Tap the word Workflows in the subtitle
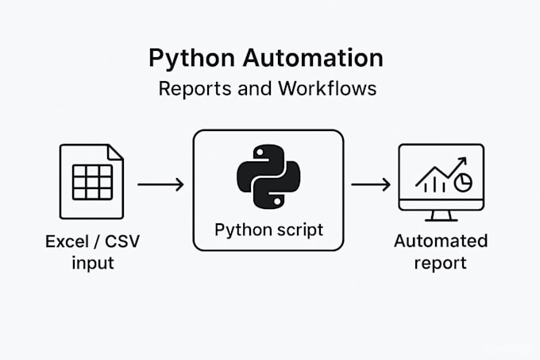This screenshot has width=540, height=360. coord(327,88)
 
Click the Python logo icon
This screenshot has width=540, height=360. coord(268,176)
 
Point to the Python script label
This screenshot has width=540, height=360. coord(268,230)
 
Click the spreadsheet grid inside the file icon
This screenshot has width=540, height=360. coord(92,182)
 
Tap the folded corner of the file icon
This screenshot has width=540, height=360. coord(116,151)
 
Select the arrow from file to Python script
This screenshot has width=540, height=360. coord(160,184)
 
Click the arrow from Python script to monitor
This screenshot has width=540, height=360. coord(371,184)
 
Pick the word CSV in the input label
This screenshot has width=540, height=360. coord(124,241)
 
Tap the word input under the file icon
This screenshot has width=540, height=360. coord(92,263)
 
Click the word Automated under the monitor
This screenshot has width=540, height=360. coord(441,241)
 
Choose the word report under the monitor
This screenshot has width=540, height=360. coord(441,263)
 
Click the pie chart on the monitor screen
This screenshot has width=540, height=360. coord(463,183)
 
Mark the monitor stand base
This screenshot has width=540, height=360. coord(441,218)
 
